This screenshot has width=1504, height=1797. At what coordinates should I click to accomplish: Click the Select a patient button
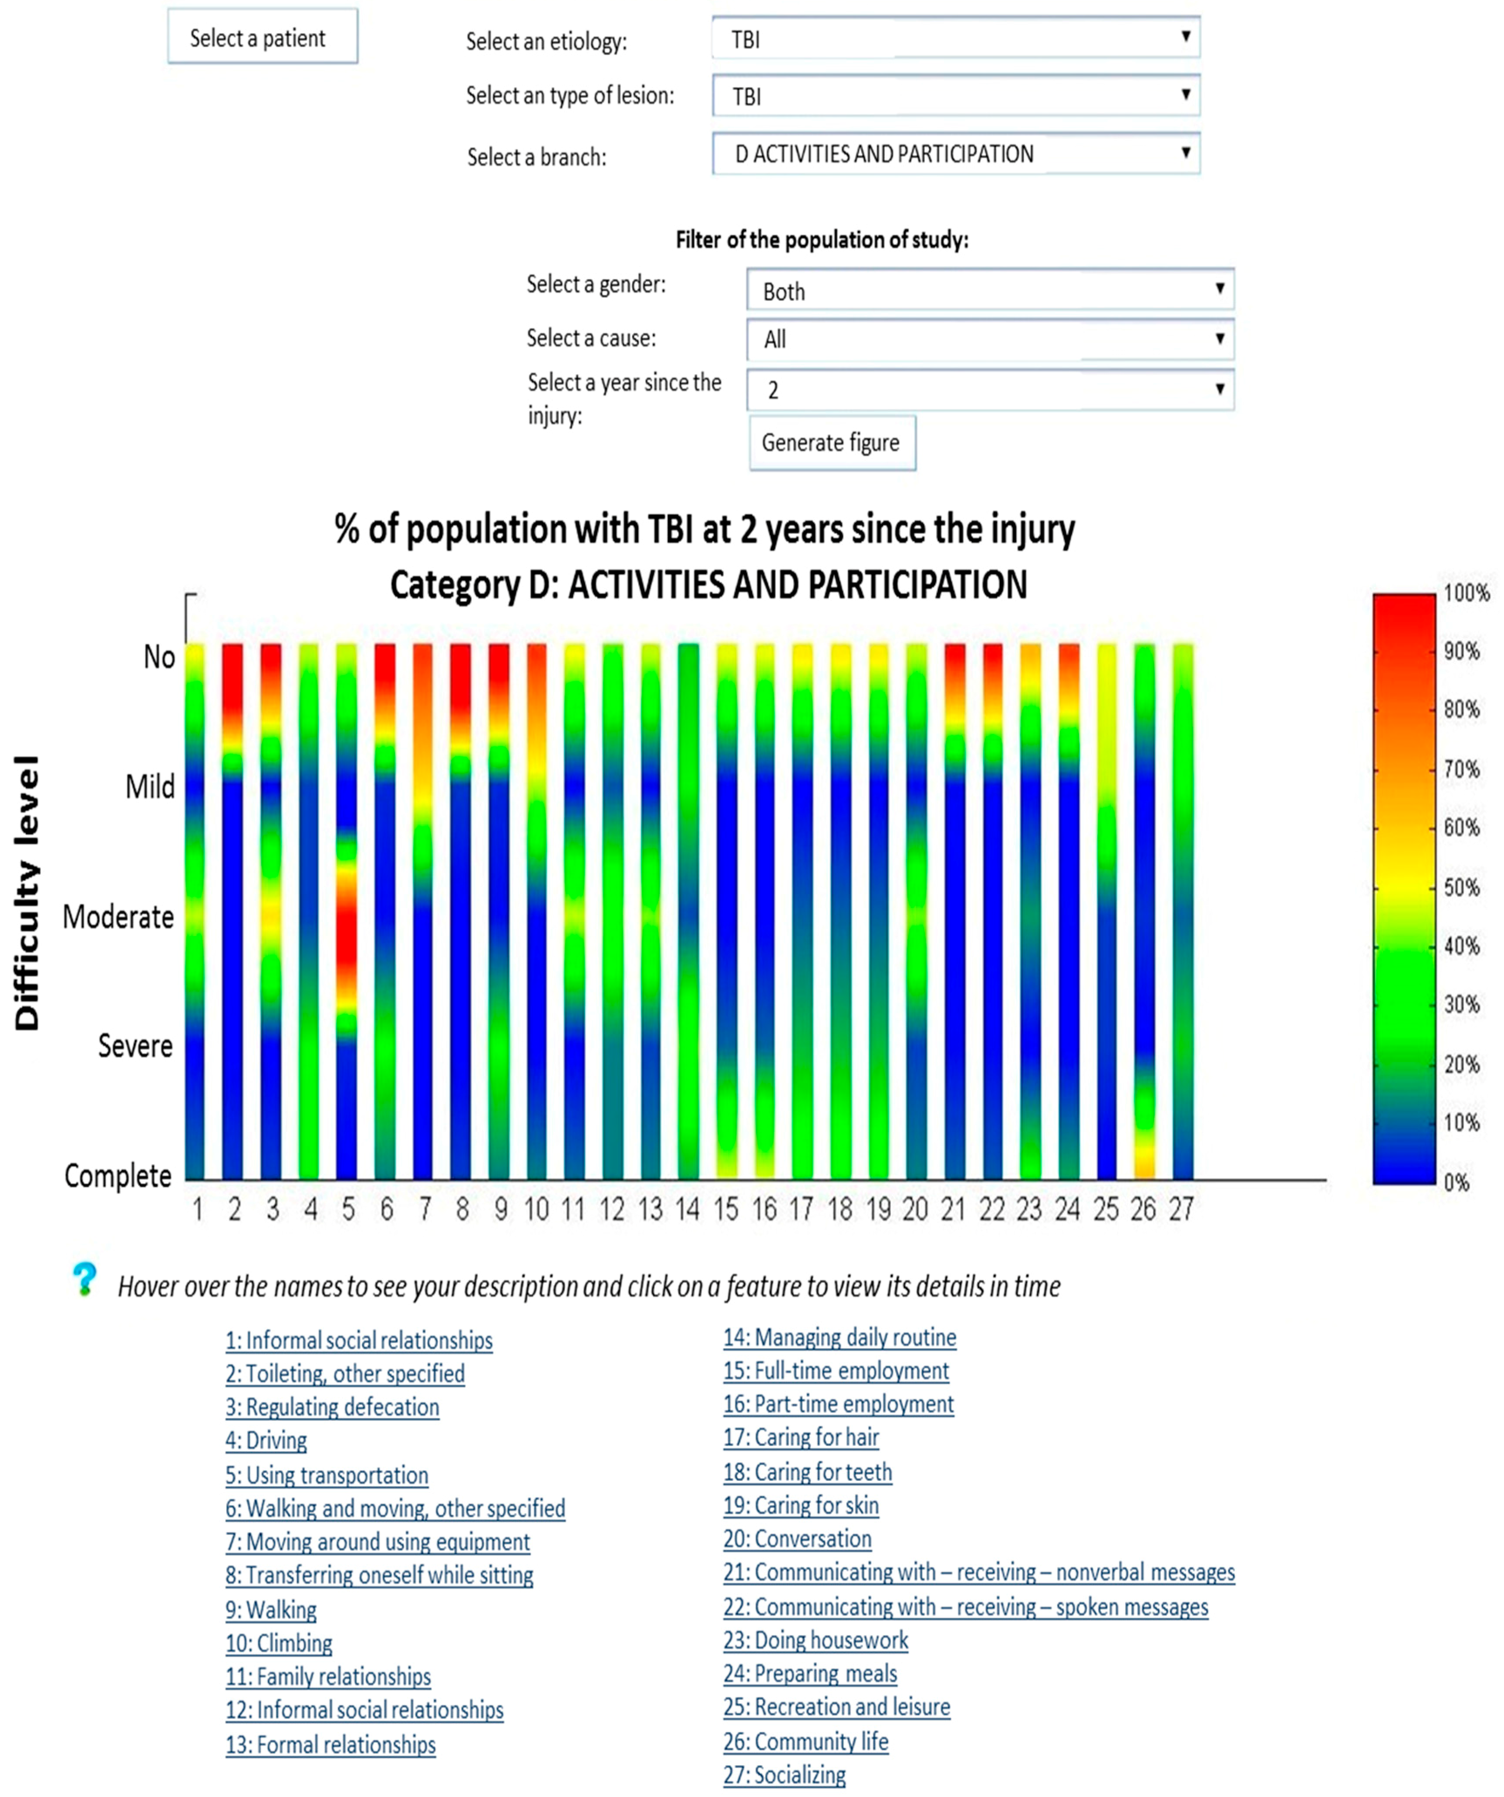tap(262, 37)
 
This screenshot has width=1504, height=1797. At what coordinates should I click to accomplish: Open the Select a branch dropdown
tap(956, 154)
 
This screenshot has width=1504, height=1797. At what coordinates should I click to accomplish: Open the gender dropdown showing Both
tap(990, 290)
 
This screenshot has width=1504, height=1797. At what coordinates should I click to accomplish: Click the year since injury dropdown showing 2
tap(990, 389)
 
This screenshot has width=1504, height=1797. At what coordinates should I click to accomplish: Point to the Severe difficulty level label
tap(135, 1046)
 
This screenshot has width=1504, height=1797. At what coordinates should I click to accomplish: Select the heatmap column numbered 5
tap(347, 911)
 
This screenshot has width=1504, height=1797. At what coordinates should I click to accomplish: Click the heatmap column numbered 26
tap(1144, 911)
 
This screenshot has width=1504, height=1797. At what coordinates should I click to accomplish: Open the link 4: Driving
tap(266, 1440)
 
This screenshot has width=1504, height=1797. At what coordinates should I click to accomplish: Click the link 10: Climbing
tap(279, 1643)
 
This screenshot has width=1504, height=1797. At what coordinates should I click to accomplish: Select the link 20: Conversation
tap(797, 1539)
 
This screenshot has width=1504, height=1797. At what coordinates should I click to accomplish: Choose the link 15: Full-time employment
tap(836, 1371)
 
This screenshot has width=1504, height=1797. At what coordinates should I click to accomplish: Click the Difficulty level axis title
tap(27, 892)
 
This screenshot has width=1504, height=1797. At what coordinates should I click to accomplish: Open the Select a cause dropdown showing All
tap(990, 339)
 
